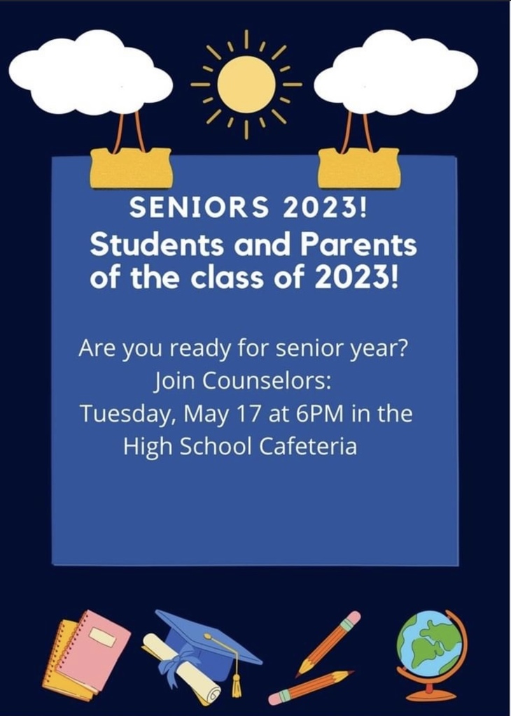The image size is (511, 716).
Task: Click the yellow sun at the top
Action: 246,85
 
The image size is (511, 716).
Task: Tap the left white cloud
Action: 90,72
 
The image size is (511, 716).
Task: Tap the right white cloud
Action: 395,72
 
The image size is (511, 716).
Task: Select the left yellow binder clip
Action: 132,168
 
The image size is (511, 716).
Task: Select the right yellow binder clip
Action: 359,168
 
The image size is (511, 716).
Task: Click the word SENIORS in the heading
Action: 199,207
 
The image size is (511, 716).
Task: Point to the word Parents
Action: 358,245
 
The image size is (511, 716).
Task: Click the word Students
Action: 157,245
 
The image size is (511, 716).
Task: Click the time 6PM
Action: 319,413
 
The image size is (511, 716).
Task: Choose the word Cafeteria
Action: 308,446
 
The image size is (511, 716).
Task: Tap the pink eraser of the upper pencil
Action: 352,620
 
